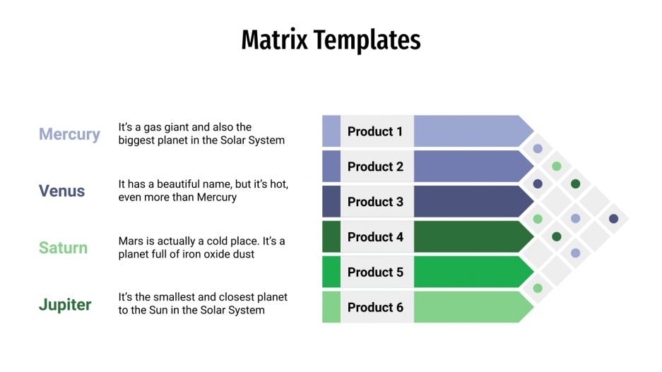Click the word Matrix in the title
[275, 40]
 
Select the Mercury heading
[69, 134]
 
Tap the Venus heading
[61, 191]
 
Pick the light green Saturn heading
[63, 248]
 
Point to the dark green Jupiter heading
[64, 305]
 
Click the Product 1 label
[375, 131]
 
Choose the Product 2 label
[375, 167]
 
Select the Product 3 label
[375, 202]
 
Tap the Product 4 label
[375, 237]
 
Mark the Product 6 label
[375, 307]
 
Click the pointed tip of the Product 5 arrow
[531, 272]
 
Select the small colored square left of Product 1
[331, 131]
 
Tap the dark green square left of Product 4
[331, 237]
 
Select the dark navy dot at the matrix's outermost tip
[613, 218]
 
